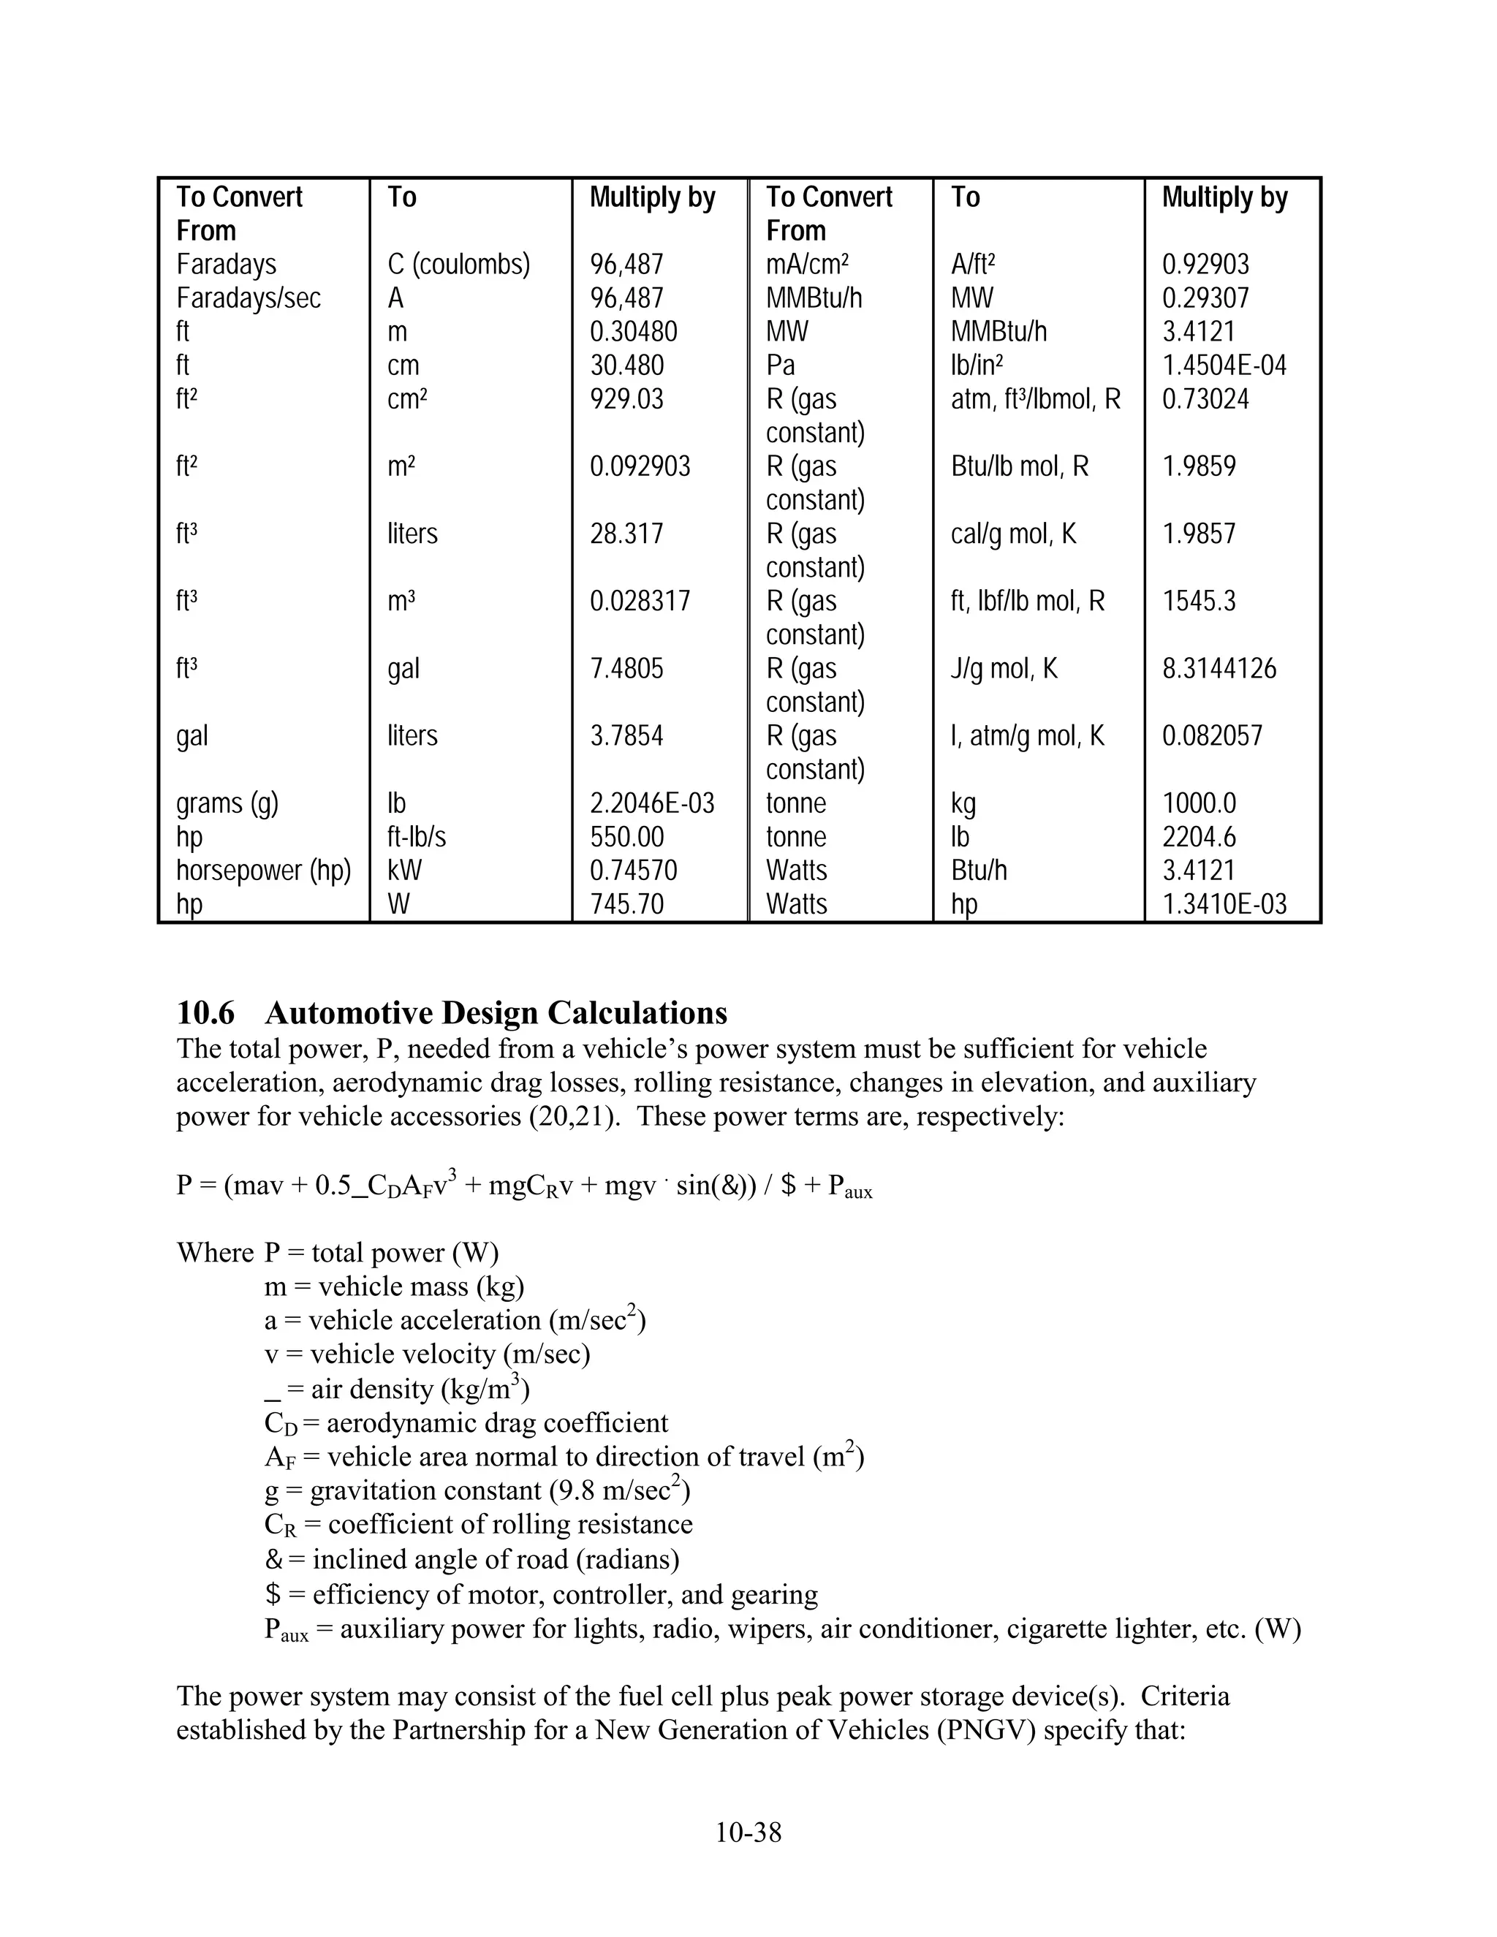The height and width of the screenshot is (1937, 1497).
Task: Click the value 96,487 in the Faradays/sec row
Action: pyautogui.click(x=626, y=298)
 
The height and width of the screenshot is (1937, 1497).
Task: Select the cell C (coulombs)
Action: pyautogui.click(x=458, y=265)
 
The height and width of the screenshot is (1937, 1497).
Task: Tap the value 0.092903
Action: pyautogui.click(x=640, y=466)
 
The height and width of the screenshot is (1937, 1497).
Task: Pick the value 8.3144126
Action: pyautogui.click(x=1219, y=669)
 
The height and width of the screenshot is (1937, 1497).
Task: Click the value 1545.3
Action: pyautogui.click(x=1198, y=602)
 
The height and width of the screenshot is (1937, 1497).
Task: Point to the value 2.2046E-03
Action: pyautogui.click(x=652, y=803)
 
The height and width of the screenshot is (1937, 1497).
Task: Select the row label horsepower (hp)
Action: pyautogui.click(x=263, y=871)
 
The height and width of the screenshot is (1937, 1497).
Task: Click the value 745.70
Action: pyautogui.click(x=626, y=905)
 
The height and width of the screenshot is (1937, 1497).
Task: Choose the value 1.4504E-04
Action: pyautogui.click(x=1224, y=365)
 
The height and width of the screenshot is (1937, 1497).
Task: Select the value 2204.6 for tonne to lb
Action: pyautogui.click(x=1198, y=837)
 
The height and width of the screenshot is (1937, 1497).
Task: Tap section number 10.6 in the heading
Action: pyautogui.click(x=205, y=1013)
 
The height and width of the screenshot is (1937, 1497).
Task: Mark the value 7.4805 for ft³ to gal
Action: pyautogui.click(x=626, y=669)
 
